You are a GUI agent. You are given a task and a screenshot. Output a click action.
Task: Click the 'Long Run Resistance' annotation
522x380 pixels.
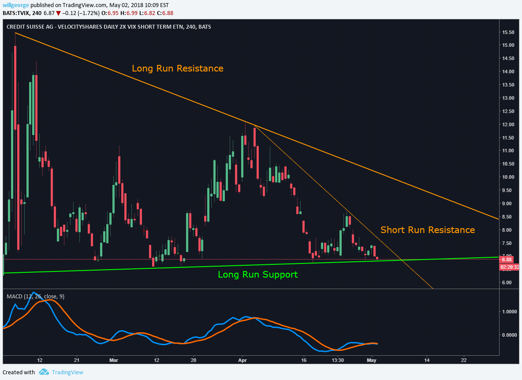click(x=177, y=68)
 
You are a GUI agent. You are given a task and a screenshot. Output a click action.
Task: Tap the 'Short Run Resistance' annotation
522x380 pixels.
click(x=427, y=230)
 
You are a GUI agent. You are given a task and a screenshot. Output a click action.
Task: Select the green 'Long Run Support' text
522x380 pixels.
click(x=257, y=275)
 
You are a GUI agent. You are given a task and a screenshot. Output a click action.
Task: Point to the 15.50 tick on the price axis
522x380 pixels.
click(x=508, y=32)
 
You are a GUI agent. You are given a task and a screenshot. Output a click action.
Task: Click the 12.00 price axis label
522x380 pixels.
click(x=508, y=124)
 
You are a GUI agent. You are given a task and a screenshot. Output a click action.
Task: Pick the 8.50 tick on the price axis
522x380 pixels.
click(x=508, y=217)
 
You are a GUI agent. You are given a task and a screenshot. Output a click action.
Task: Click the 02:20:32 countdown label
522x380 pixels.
click(x=510, y=267)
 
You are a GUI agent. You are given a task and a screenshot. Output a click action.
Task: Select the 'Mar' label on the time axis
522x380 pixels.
click(x=114, y=360)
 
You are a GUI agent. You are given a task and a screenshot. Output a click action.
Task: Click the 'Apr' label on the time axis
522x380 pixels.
click(x=242, y=360)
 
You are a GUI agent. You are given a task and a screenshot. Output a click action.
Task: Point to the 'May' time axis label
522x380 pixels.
click(x=372, y=360)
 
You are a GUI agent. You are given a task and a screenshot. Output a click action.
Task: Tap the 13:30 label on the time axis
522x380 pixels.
click(x=338, y=360)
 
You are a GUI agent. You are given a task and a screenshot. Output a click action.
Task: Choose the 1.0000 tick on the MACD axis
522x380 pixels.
click(x=509, y=312)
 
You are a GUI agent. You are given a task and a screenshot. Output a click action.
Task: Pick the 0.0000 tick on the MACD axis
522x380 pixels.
click(x=509, y=335)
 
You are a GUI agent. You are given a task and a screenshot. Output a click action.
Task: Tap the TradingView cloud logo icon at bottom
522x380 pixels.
click(x=43, y=372)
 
